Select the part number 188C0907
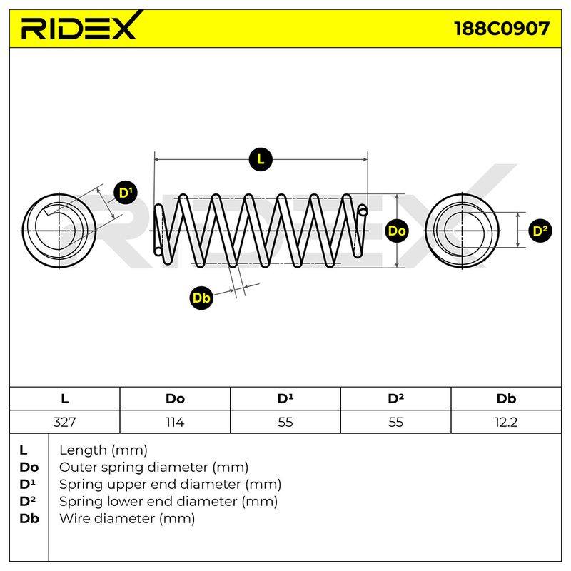point(502,29)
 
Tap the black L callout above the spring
point(261,159)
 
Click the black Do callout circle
point(397,231)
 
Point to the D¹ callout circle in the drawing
point(126,193)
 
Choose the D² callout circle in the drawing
point(540,231)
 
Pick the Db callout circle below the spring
point(201,298)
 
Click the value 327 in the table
point(64,422)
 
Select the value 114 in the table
point(175,422)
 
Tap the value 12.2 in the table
point(506,422)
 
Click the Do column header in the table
point(175,399)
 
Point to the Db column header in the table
point(506,399)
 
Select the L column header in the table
point(65,399)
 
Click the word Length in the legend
point(83,450)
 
